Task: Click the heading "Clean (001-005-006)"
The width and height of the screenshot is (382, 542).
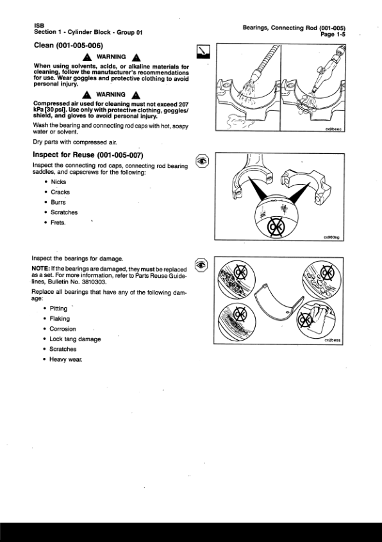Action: tap(69, 46)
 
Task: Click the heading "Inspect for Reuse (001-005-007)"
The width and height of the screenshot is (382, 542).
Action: tap(88, 155)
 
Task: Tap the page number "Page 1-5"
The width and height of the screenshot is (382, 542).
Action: tap(333, 34)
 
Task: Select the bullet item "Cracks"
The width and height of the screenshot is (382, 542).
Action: tap(60, 192)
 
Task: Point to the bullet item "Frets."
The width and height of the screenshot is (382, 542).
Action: tap(58, 223)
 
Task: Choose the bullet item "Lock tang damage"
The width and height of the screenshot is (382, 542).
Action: tap(75, 339)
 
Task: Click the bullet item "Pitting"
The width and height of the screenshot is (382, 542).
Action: tap(58, 309)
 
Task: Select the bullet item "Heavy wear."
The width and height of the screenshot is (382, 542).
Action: tap(65, 359)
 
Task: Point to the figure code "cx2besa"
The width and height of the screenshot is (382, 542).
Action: tap(332, 340)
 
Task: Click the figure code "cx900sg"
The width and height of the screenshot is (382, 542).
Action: tap(332, 237)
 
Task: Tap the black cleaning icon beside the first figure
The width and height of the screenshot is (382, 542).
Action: tap(203, 51)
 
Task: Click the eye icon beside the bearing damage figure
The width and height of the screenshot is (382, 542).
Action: tap(201, 265)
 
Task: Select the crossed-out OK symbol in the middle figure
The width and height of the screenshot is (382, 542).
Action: tap(276, 227)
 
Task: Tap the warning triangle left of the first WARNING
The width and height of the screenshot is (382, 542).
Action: tap(87, 57)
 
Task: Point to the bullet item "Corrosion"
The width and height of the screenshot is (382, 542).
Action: tap(63, 328)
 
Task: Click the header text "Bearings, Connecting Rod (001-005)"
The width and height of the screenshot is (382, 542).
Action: tap(294, 28)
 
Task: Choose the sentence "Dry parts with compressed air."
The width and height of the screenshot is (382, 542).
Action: tap(75, 142)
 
